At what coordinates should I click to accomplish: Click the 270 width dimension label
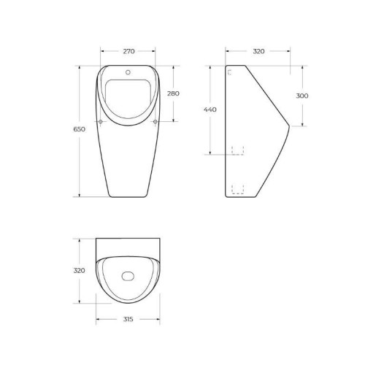128,51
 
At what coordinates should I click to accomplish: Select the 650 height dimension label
80,129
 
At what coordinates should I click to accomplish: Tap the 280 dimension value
173,93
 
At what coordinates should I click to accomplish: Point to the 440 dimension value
210,109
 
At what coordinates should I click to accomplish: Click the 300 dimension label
302,96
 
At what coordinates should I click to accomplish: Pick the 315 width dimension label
128,319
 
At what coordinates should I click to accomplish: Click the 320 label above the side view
258,51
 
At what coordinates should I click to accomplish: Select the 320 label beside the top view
79,270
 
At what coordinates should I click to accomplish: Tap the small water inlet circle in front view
128,72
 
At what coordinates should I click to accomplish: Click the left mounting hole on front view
101,121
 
